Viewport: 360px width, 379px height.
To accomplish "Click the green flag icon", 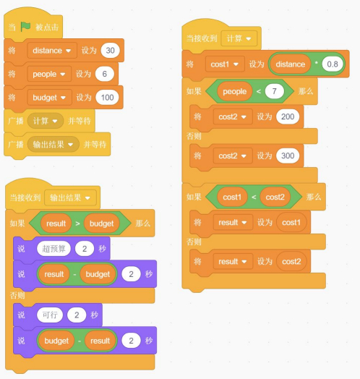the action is pos(25,26).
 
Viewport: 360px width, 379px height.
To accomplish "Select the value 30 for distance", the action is pos(110,51).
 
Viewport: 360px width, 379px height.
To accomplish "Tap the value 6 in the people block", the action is pos(104,74).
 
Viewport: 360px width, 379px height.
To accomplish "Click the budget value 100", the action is pos(107,98).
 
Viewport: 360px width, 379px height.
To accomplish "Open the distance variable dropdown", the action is pos(52,51).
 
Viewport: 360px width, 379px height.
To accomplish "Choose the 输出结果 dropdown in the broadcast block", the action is pos(53,145).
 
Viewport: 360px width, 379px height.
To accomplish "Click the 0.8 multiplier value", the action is pos(333,64).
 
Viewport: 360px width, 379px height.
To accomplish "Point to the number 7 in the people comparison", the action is pos(274,91).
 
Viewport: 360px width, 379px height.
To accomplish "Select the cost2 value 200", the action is pos(288,116).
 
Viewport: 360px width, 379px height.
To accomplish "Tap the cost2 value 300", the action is pos(288,156).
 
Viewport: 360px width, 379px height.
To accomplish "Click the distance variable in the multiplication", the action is pos(291,64).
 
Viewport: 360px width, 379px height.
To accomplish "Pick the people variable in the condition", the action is pos(235,91).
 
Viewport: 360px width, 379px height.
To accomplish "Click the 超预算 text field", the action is pos(53,249).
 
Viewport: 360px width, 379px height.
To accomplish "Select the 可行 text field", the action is pos(50,315).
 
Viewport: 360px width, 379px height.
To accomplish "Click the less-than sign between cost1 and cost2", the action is pos(254,197).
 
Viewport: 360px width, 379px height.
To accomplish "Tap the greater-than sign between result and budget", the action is pos(77,223).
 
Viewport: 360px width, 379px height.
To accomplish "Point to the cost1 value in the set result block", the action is pos(291,222).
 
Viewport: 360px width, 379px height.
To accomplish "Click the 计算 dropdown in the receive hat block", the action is pos(239,38).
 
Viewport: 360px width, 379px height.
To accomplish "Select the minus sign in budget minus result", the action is pos(80,341).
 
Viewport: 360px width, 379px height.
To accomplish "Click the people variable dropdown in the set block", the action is pos(49,74).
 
